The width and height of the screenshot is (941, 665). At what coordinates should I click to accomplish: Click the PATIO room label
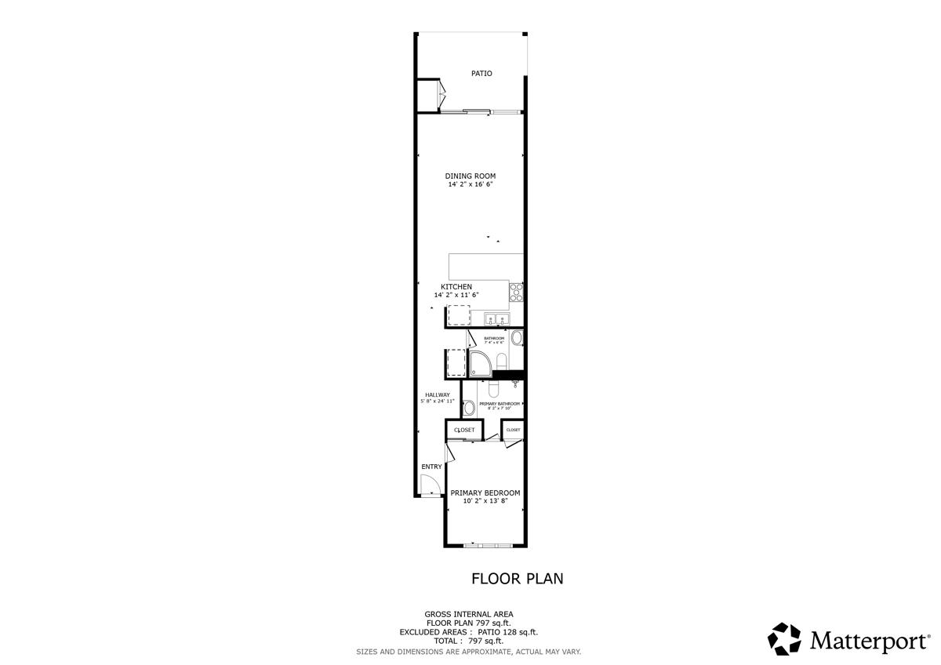point(481,74)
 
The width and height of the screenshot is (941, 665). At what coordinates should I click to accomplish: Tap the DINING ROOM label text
point(470,176)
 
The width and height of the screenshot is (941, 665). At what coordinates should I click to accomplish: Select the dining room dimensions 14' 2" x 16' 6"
point(470,185)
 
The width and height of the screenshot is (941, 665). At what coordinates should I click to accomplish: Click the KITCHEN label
point(456,287)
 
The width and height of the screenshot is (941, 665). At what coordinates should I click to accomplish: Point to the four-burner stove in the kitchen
point(517,293)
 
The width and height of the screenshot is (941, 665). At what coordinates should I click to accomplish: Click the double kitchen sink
point(497,318)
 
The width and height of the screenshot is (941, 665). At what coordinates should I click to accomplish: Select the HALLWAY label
point(438,394)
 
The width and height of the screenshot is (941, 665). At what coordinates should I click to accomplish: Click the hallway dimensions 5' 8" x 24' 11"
point(438,402)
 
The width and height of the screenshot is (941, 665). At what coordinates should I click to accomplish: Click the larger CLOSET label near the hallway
point(464,430)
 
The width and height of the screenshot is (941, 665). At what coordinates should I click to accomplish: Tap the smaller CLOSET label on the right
point(514,430)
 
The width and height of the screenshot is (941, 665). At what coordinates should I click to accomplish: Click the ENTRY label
point(431,467)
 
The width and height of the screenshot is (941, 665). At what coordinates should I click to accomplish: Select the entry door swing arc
point(428,487)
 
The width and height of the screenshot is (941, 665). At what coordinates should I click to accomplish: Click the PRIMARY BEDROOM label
point(485,492)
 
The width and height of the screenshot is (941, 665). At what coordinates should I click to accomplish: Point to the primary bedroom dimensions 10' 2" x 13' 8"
point(485,501)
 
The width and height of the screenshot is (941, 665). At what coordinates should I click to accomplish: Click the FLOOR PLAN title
point(517,579)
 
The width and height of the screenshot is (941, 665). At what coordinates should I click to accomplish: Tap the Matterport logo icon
point(783,638)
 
